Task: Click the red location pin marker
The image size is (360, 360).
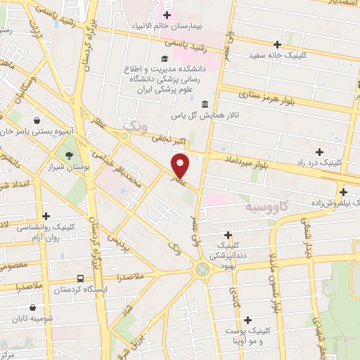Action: (181, 165)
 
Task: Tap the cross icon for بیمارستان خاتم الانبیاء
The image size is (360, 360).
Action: (167, 15)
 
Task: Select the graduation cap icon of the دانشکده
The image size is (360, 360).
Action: (164, 59)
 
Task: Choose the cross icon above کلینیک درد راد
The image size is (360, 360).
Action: (319, 151)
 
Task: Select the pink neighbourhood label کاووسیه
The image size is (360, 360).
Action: (266, 208)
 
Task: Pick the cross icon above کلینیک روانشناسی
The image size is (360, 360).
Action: (46, 217)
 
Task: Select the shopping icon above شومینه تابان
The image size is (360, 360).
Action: (33, 308)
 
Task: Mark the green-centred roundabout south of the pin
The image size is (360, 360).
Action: (202, 268)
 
